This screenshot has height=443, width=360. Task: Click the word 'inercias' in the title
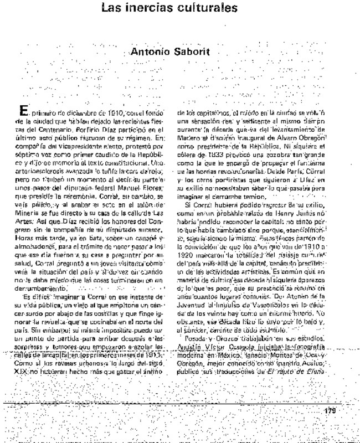[x=148, y=8]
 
